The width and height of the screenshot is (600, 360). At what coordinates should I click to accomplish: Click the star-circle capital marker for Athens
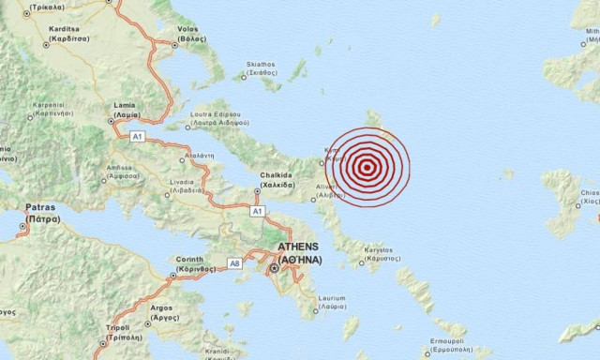click(275, 269)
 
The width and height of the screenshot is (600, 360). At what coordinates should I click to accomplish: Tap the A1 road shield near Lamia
click(137, 137)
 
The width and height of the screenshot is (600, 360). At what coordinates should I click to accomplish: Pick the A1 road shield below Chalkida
click(257, 212)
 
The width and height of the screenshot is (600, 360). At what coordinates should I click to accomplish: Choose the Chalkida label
click(277, 180)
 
